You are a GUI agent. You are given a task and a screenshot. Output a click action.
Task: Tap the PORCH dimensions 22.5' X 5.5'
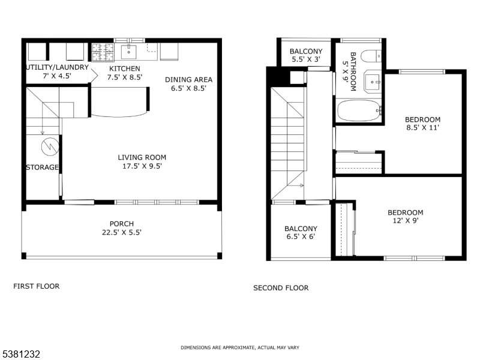[x=121, y=232]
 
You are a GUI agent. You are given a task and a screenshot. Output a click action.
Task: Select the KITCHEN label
[x=124, y=68]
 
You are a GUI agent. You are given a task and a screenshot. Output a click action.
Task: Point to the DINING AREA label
[x=188, y=79]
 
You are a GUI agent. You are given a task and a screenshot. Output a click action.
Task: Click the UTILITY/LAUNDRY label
[x=57, y=67]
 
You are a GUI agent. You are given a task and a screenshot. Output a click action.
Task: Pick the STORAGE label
[x=42, y=167]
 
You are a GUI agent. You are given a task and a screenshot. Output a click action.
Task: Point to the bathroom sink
[x=373, y=81]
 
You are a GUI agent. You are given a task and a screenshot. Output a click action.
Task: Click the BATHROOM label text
[x=349, y=71]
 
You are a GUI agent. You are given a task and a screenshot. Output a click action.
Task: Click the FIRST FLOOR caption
[x=37, y=286]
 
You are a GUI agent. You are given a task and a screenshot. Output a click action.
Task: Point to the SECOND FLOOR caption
[x=281, y=288]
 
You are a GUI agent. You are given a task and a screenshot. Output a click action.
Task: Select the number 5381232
[x=21, y=355]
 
